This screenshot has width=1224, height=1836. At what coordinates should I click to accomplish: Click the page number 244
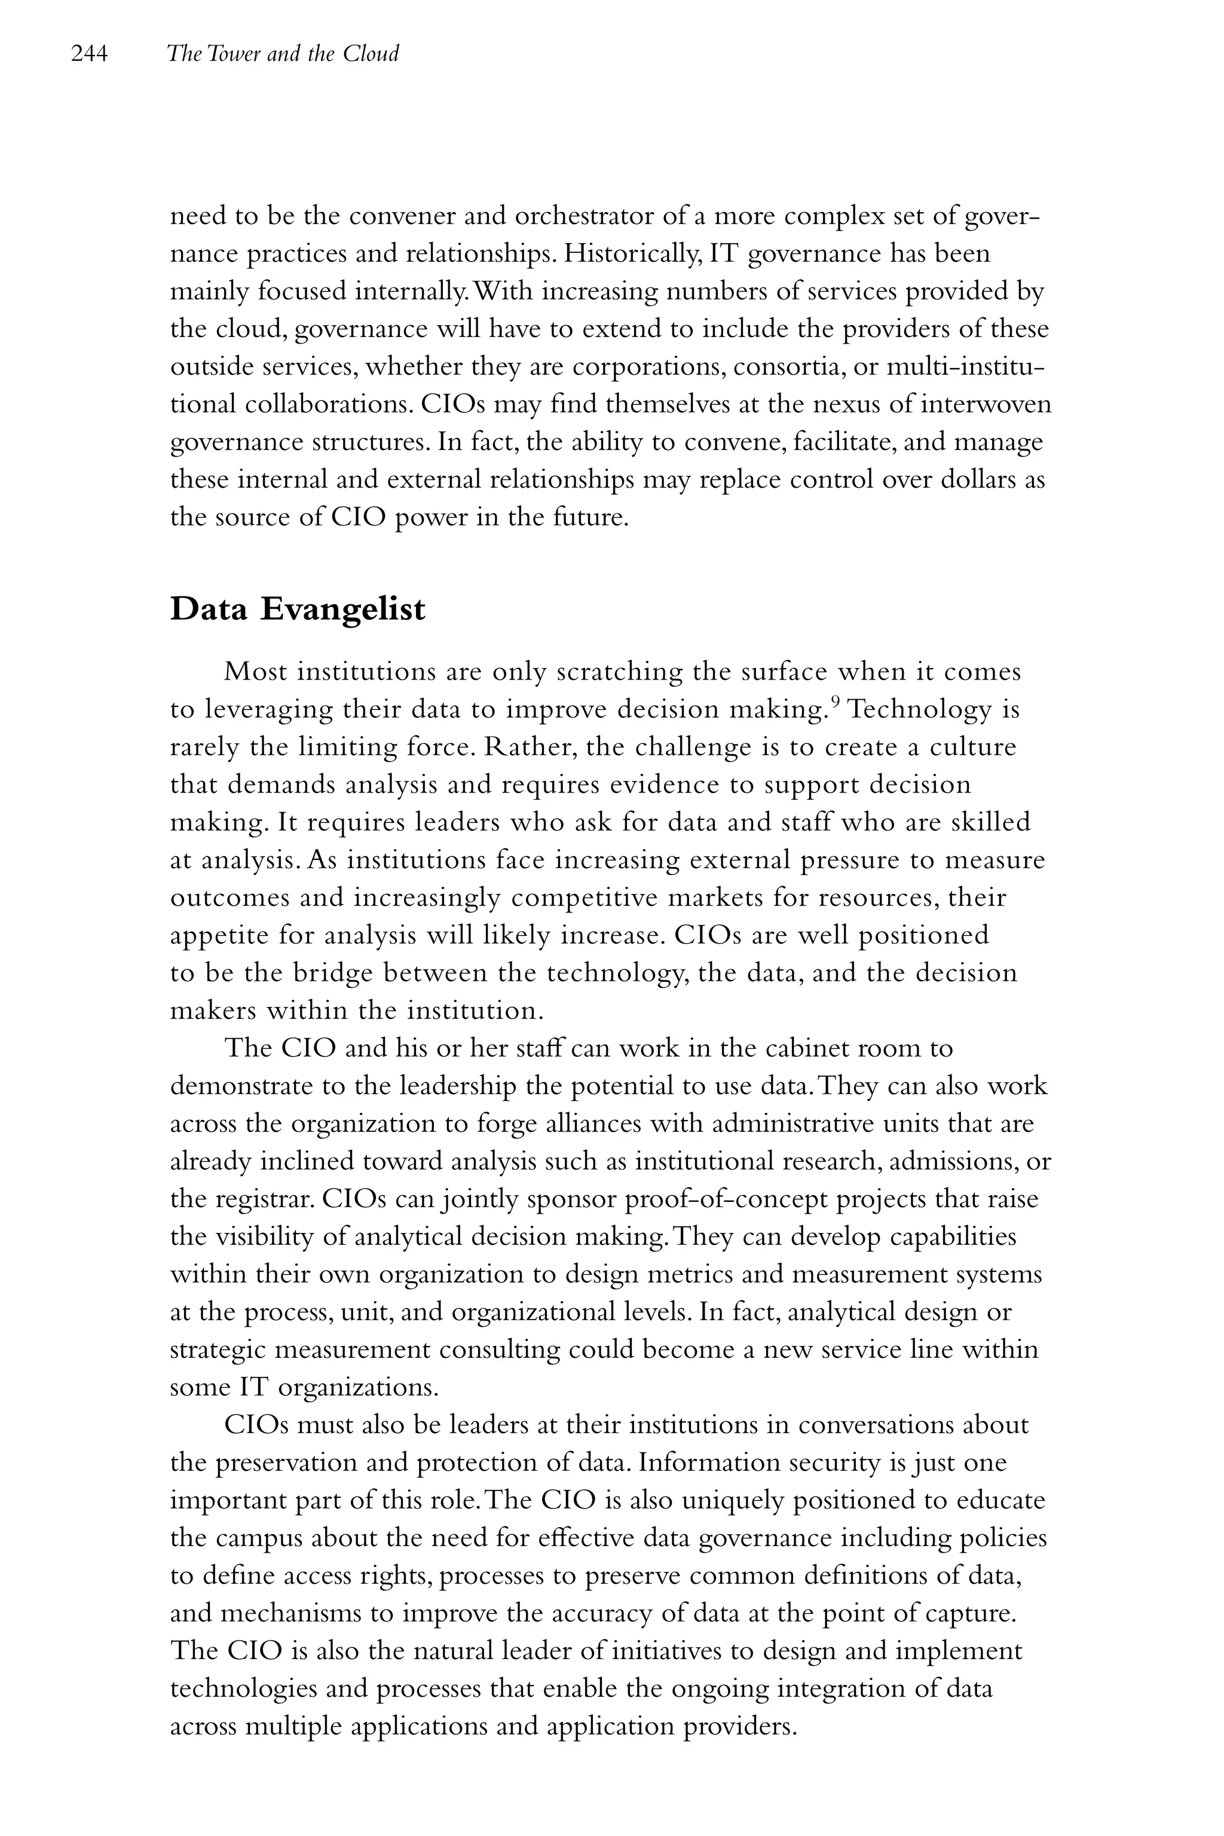(x=88, y=54)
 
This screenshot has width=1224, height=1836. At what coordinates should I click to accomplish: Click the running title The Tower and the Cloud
(x=283, y=54)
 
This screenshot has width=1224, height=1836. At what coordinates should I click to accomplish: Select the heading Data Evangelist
(x=298, y=610)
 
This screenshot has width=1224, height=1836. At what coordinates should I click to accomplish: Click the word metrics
(x=691, y=1275)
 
